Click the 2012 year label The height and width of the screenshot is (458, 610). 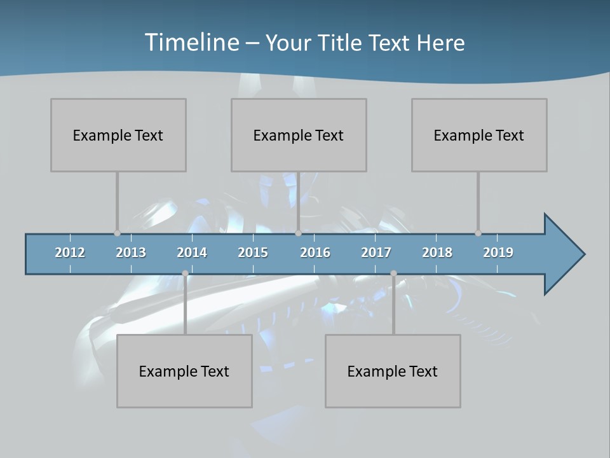point(70,253)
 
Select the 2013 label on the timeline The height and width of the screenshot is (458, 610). point(131,253)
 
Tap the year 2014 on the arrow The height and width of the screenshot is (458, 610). point(192,253)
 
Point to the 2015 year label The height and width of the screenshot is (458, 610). point(253,253)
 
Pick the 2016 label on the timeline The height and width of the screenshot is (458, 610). point(315,253)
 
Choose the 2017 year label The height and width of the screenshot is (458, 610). point(376,253)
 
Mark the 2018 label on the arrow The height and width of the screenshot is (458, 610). point(437,253)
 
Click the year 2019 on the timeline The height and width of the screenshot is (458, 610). point(498,253)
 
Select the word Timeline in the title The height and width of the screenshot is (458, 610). point(191,43)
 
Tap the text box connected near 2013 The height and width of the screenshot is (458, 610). point(118,135)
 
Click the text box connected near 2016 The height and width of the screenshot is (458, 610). point(299,135)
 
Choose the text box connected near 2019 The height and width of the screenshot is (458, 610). point(479,135)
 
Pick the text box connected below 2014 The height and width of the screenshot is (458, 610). point(184,371)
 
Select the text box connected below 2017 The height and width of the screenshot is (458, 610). point(393,371)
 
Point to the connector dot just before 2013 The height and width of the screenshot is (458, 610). point(117,233)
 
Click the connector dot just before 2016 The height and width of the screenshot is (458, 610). point(298,233)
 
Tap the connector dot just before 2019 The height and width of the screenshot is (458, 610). point(478,233)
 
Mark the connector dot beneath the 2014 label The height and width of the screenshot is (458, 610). point(185,274)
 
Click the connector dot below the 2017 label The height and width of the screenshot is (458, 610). point(393,274)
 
